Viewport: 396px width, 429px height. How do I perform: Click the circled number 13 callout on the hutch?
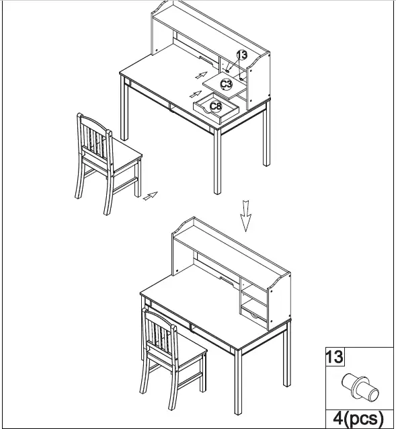pyautogui.click(x=241, y=55)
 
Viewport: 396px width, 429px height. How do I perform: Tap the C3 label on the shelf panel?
pyautogui.click(x=227, y=84)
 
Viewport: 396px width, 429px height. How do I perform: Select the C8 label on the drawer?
pyautogui.click(x=215, y=106)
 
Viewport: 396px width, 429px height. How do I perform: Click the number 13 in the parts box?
pyautogui.click(x=334, y=357)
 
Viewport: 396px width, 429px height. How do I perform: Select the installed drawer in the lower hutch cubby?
pyautogui.click(x=255, y=311)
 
